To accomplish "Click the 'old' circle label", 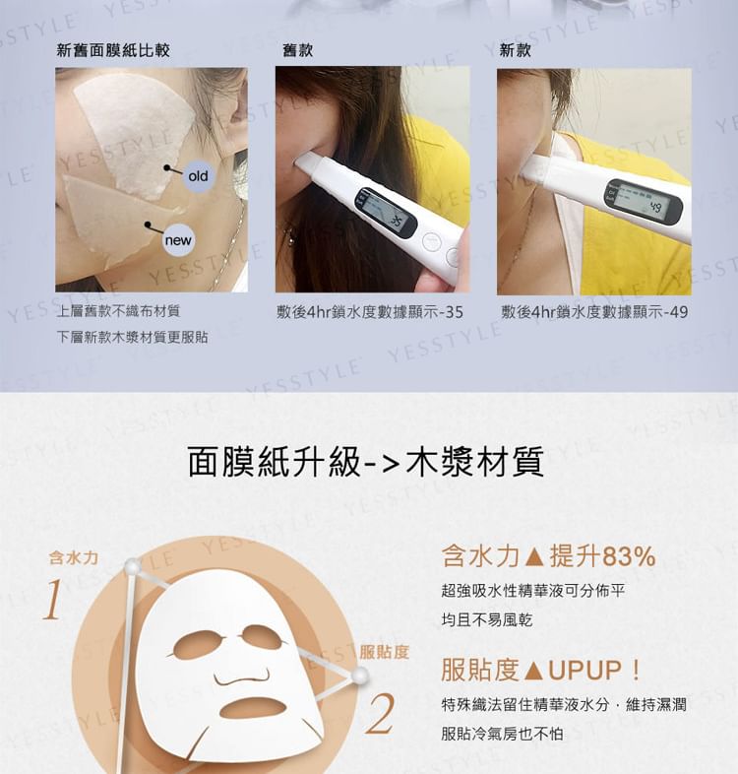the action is pyautogui.click(x=199, y=175).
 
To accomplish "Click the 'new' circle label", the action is pyautogui.click(x=178, y=240).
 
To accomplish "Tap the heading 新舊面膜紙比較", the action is pyautogui.click(x=113, y=50).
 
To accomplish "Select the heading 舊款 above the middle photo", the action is pyautogui.click(x=297, y=50).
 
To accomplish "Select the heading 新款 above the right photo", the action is pyautogui.click(x=515, y=50).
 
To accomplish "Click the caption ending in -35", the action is pyautogui.click(x=370, y=312).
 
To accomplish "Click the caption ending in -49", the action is pyautogui.click(x=594, y=312).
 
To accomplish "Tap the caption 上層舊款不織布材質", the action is pyautogui.click(x=119, y=311).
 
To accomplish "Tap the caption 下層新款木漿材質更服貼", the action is pyautogui.click(x=132, y=337).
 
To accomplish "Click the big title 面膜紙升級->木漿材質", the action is pyautogui.click(x=365, y=462).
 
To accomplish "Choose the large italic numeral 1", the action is pyautogui.click(x=53, y=600).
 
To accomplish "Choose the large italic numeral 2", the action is pyautogui.click(x=381, y=713).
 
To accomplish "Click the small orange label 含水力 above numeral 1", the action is pyautogui.click(x=74, y=558).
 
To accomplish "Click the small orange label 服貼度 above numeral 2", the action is pyautogui.click(x=385, y=652).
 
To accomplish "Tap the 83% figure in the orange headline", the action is pyautogui.click(x=629, y=556).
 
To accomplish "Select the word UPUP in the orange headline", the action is pyautogui.click(x=584, y=671).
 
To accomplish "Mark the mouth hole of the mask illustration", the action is pyautogui.click(x=253, y=708).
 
